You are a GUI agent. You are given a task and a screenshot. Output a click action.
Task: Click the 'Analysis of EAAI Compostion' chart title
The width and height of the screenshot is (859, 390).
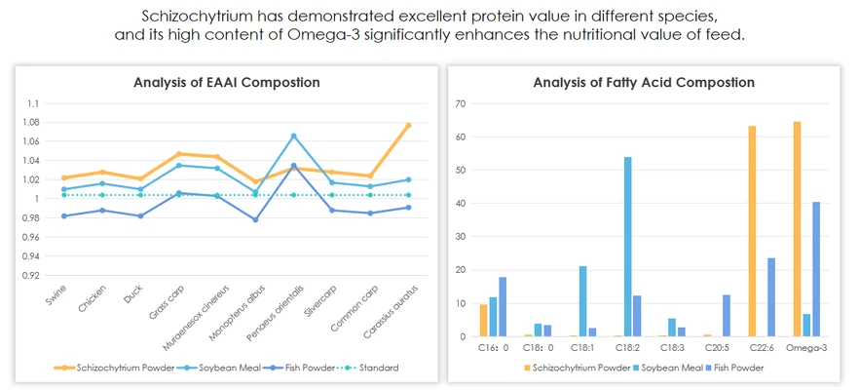(x=226, y=83)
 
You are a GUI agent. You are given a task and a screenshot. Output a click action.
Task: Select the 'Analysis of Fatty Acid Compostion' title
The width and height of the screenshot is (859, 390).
(x=644, y=83)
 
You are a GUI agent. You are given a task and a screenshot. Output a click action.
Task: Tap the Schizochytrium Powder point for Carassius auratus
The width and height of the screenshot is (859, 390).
(x=408, y=125)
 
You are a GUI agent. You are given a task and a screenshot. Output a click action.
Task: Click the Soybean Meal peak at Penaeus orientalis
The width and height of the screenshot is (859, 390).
(x=293, y=136)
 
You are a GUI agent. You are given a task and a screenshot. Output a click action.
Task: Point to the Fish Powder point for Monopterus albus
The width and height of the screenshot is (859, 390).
(x=255, y=219)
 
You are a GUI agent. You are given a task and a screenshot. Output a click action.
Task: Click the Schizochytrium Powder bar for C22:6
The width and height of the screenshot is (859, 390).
(x=752, y=231)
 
